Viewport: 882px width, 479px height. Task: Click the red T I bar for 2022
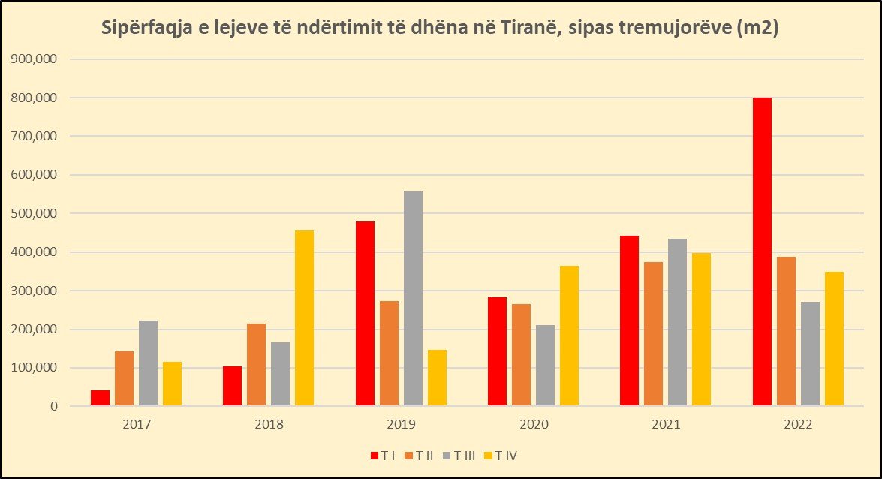762,252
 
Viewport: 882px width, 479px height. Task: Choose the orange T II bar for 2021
653,334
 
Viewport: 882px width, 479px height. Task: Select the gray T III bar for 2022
810,354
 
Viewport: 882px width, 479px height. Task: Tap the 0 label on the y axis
53,406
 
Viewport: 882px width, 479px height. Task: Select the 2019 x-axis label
401,424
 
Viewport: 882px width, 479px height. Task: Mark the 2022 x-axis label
797,424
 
